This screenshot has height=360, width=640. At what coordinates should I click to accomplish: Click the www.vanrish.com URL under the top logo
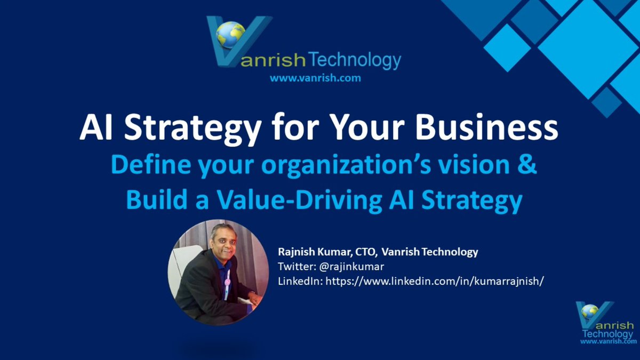(315, 78)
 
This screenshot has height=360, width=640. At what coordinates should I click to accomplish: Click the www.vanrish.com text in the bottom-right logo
(608, 341)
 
